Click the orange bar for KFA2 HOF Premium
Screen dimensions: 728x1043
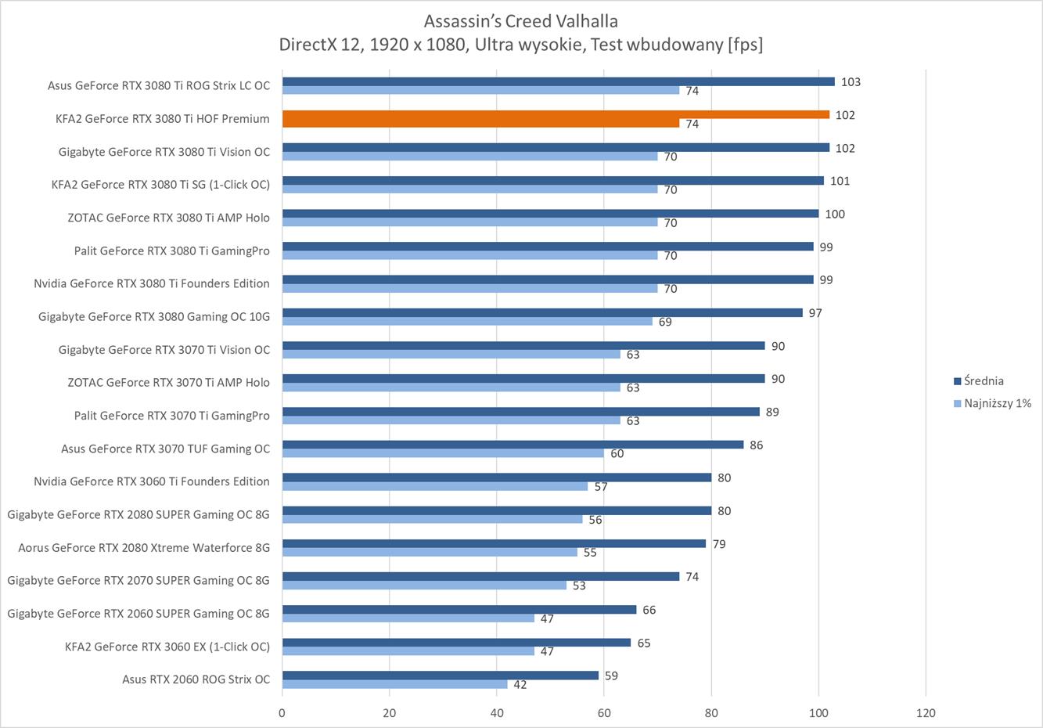pos(556,114)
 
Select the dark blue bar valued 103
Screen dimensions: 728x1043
pos(558,81)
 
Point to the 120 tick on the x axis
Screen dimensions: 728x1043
pos(926,713)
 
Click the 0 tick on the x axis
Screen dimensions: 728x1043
pos(282,713)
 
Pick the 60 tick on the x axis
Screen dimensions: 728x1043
pos(604,713)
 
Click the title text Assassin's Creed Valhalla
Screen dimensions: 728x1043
pos(520,21)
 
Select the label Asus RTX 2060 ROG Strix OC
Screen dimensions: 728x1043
pos(196,679)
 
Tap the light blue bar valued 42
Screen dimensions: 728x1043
pos(394,684)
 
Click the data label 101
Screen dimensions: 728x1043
pos(840,181)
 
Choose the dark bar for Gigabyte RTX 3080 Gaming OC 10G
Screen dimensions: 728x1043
pos(542,312)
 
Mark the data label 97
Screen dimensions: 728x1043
pos(815,313)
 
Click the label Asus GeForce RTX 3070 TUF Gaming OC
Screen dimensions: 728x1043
pos(165,449)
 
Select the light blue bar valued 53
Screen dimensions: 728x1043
pos(424,585)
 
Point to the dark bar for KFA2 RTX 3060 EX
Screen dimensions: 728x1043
pos(456,643)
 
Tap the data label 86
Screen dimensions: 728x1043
pos(756,445)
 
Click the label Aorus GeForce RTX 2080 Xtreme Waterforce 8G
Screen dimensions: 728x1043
pos(144,548)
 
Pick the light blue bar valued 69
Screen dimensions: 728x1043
pos(467,321)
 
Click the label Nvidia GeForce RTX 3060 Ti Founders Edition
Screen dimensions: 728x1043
pos(151,481)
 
